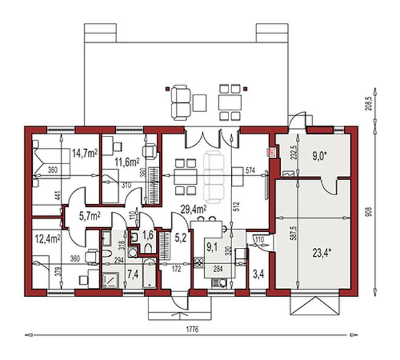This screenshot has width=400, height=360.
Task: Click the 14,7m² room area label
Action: coord(85,154)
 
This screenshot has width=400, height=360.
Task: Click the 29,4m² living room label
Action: coord(195,210)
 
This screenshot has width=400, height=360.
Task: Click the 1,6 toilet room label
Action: coord(148,235)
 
